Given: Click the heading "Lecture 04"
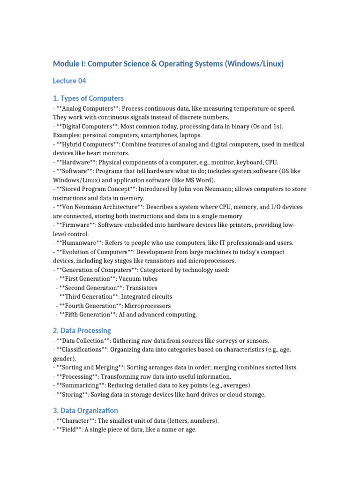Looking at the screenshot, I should (x=69, y=81).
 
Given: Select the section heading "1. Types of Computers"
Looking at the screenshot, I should (x=88, y=98).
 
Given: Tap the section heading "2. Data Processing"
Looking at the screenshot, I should (x=82, y=330).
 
